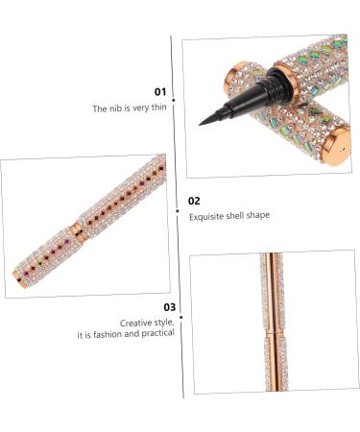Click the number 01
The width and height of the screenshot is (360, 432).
point(160,93)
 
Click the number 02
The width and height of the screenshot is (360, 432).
point(194,201)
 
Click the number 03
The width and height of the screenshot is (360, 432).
point(170,307)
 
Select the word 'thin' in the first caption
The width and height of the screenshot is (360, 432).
point(157,109)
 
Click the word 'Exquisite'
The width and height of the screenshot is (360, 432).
point(207,216)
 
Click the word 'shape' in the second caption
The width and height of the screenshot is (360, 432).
point(259,216)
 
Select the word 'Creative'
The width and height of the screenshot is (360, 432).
point(135,324)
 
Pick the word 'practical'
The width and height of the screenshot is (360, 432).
point(156,335)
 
